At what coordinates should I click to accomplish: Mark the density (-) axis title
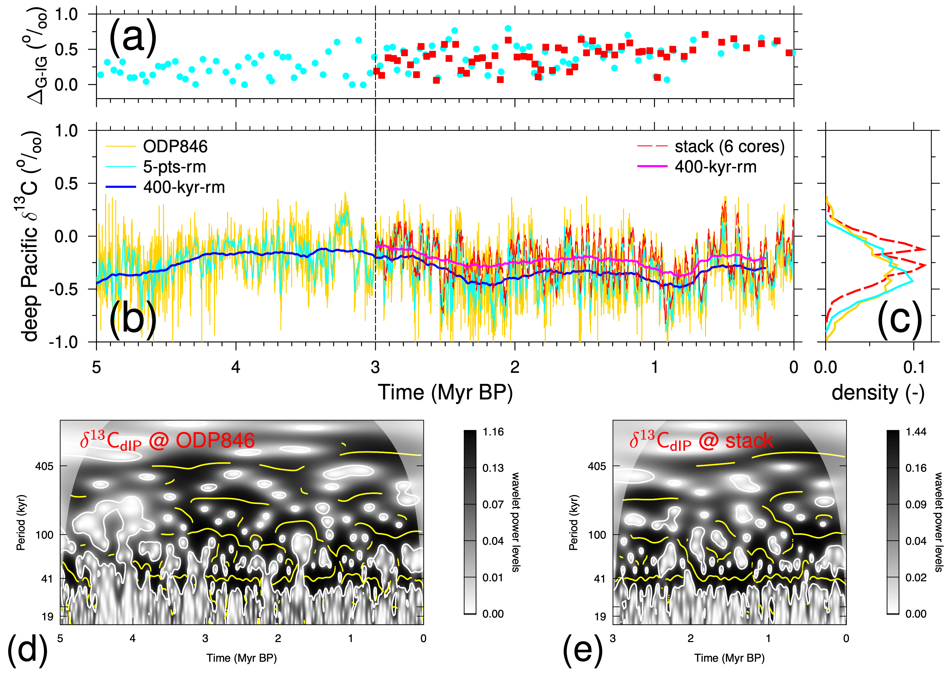tap(878, 392)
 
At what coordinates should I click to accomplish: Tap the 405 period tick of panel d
tap(44, 466)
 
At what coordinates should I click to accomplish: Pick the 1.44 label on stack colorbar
tap(916, 432)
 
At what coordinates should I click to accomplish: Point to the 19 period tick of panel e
tap(600, 617)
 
